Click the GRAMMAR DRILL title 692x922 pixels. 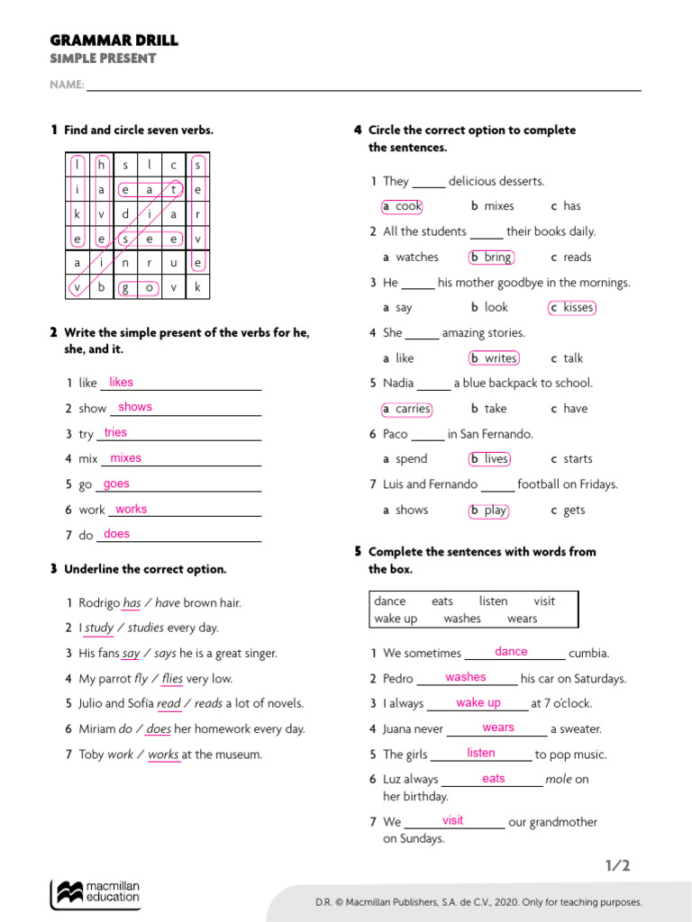coord(114,41)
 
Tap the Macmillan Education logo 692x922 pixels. coord(96,892)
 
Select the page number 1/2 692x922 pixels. coord(617,866)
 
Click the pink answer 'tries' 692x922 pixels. coord(115,433)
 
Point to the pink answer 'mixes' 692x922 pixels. coord(125,458)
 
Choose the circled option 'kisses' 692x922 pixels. coord(573,308)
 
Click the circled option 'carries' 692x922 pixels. coord(407,409)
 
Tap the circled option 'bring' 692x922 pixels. coord(492,258)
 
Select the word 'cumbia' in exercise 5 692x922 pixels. coord(589,654)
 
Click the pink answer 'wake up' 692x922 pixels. coord(478,703)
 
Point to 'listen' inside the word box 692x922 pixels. coord(493,601)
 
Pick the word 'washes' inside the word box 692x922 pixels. coord(462,619)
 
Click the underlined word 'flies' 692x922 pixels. coord(172,679)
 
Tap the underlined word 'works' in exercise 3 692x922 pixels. coord(163,755)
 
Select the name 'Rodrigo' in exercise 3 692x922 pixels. coord(99,603)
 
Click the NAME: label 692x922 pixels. coord(67,86)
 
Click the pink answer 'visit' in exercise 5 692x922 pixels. coord(453,821)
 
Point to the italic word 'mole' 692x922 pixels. coord(559,780)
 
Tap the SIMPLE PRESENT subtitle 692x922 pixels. coord(103,59)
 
